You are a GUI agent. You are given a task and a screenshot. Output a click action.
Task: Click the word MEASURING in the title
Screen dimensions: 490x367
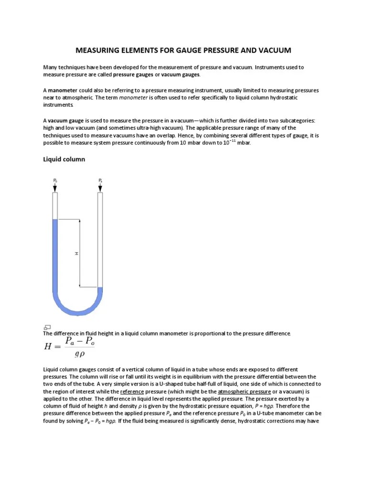(98, 50)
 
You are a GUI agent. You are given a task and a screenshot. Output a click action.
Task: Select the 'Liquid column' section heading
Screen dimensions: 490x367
(64, 159)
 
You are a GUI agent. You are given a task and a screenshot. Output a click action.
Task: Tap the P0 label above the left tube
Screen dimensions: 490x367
(55, 180)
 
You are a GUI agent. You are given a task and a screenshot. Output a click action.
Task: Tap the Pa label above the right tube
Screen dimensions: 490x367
(100, 180)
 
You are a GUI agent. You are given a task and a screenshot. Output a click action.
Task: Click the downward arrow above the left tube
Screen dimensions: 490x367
(55, 188)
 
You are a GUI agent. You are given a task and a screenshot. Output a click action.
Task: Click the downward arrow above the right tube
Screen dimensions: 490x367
(100, 188)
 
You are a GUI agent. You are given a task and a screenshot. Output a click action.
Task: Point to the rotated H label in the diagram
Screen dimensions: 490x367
(76, 253)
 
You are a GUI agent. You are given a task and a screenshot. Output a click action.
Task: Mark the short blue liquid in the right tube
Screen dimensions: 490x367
(100, 291)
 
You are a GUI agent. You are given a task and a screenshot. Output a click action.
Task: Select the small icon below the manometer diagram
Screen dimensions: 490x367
(47, 327)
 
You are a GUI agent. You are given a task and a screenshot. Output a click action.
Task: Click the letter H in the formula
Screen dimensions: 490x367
(48, 347)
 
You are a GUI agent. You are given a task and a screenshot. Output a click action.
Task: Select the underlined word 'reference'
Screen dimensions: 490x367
(131, 391)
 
